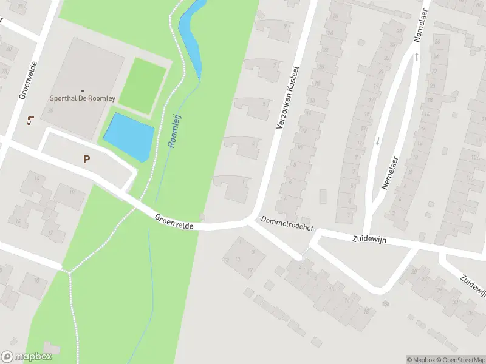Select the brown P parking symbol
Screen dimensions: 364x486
point(87,160)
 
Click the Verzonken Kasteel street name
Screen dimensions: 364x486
point(289,97)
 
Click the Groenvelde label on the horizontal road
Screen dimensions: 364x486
point(174,221)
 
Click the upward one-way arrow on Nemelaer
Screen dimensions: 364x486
point(417,57)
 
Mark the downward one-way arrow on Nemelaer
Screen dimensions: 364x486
point(377,141)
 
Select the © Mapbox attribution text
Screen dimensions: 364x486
point(420,360)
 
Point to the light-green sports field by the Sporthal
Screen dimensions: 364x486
point(142,86)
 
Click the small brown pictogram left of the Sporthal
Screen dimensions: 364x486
point(30,120)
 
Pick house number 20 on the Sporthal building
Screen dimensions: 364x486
point(50,110)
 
